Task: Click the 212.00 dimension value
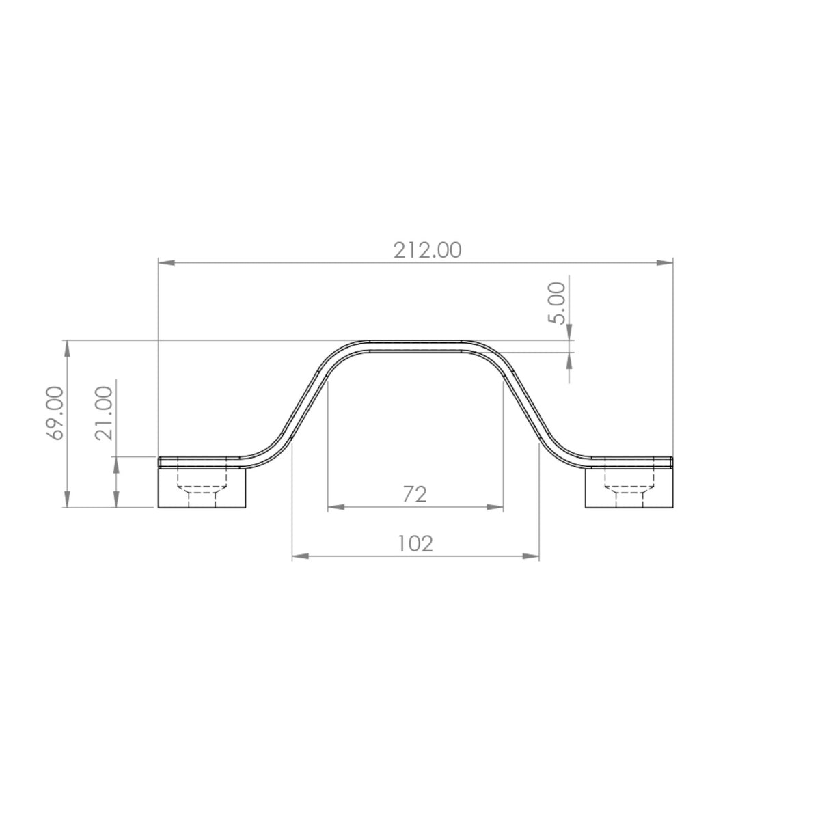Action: [427, 250]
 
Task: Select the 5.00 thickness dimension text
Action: [558, 303]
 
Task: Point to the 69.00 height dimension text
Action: [55, 413]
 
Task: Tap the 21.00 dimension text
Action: [105, 413]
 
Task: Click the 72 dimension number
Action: [415, 494]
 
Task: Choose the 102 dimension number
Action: [415, 543]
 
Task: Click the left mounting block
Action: [202, 488]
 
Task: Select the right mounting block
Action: [629, 488]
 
